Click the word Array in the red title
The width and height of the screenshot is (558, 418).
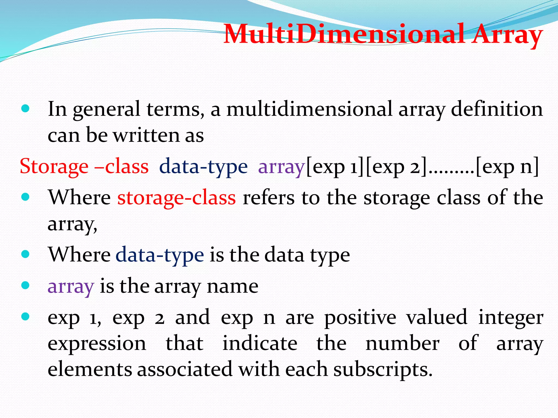tap(507, 35)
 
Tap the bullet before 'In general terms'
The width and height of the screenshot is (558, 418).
tap(25, 109)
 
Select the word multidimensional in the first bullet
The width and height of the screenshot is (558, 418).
tap(310, 109)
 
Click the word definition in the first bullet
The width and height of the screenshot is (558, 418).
tap(497, 109)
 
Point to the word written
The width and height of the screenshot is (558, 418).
tap(147, 135)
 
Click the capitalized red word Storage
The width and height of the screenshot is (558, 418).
tap(54, 167)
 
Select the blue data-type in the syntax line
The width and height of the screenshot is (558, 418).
tap(203, 167)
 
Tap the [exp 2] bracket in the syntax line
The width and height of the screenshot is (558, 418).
tap(396, 167)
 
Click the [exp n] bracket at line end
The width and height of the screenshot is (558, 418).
tap(507, 167)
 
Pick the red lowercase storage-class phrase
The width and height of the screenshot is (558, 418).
tap(177, 198)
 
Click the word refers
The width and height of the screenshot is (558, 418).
tap(269, 198)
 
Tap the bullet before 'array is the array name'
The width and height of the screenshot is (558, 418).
tap(25, 285)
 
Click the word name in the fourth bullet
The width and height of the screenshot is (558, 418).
tap(232, 287)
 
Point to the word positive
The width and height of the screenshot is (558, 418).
tap(360, 318)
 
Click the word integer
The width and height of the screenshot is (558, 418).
tap(511, 318)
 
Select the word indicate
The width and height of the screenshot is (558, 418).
tap(260, 343)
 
